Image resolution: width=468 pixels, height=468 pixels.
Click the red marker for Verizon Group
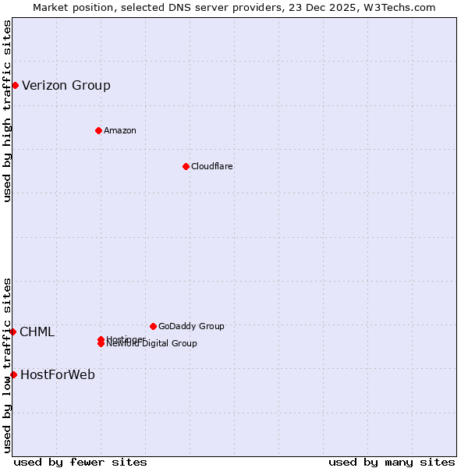pos(15,85)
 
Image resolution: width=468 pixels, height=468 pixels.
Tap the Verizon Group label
pos(66,86)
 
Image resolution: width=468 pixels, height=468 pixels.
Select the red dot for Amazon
pos(98,130)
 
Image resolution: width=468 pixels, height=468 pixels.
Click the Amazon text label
pos(120,131)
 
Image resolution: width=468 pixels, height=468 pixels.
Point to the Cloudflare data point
pos(186,166)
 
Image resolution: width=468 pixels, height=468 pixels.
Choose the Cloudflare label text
pos(212,167)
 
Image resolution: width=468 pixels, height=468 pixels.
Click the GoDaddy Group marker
pos(153,326)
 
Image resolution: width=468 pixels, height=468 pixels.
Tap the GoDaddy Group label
pos(191,327)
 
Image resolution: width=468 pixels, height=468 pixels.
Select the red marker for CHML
pos(12,331)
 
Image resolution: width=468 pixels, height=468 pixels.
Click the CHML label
pos(37,332)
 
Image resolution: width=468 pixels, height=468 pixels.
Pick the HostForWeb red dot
pos(13,374)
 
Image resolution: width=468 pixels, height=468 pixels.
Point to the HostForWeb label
pos(58,375)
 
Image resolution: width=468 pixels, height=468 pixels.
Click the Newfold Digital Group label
pos(153,344)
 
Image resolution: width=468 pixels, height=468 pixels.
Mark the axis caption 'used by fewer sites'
pos(80,463)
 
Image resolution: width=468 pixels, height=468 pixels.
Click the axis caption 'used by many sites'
pos(392,463)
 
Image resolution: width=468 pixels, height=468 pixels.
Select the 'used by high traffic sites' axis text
pos(7,112)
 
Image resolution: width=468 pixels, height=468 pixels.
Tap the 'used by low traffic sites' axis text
pos(7,364)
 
